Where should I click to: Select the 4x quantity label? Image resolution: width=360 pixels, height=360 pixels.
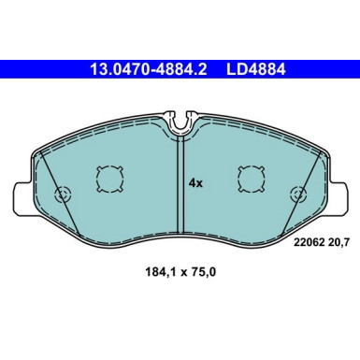coord(194,183)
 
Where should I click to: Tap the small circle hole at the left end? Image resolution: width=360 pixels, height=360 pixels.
coord(64,195)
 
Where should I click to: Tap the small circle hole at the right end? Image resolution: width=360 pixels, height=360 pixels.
coord(298,195)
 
